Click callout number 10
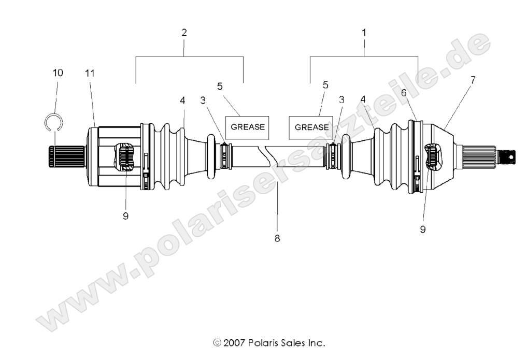tap(58, 73)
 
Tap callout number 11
tap(90, 73)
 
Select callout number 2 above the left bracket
tap(184, 32)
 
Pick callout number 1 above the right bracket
tap(364, 32)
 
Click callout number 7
tap(472, 80)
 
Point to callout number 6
tap(404, 92)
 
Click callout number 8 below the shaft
tap(277, 239)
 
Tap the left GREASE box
tap(247, 126)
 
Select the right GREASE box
tap(311, 127)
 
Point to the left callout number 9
tap(125, 215)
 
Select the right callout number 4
tap(364, 99)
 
